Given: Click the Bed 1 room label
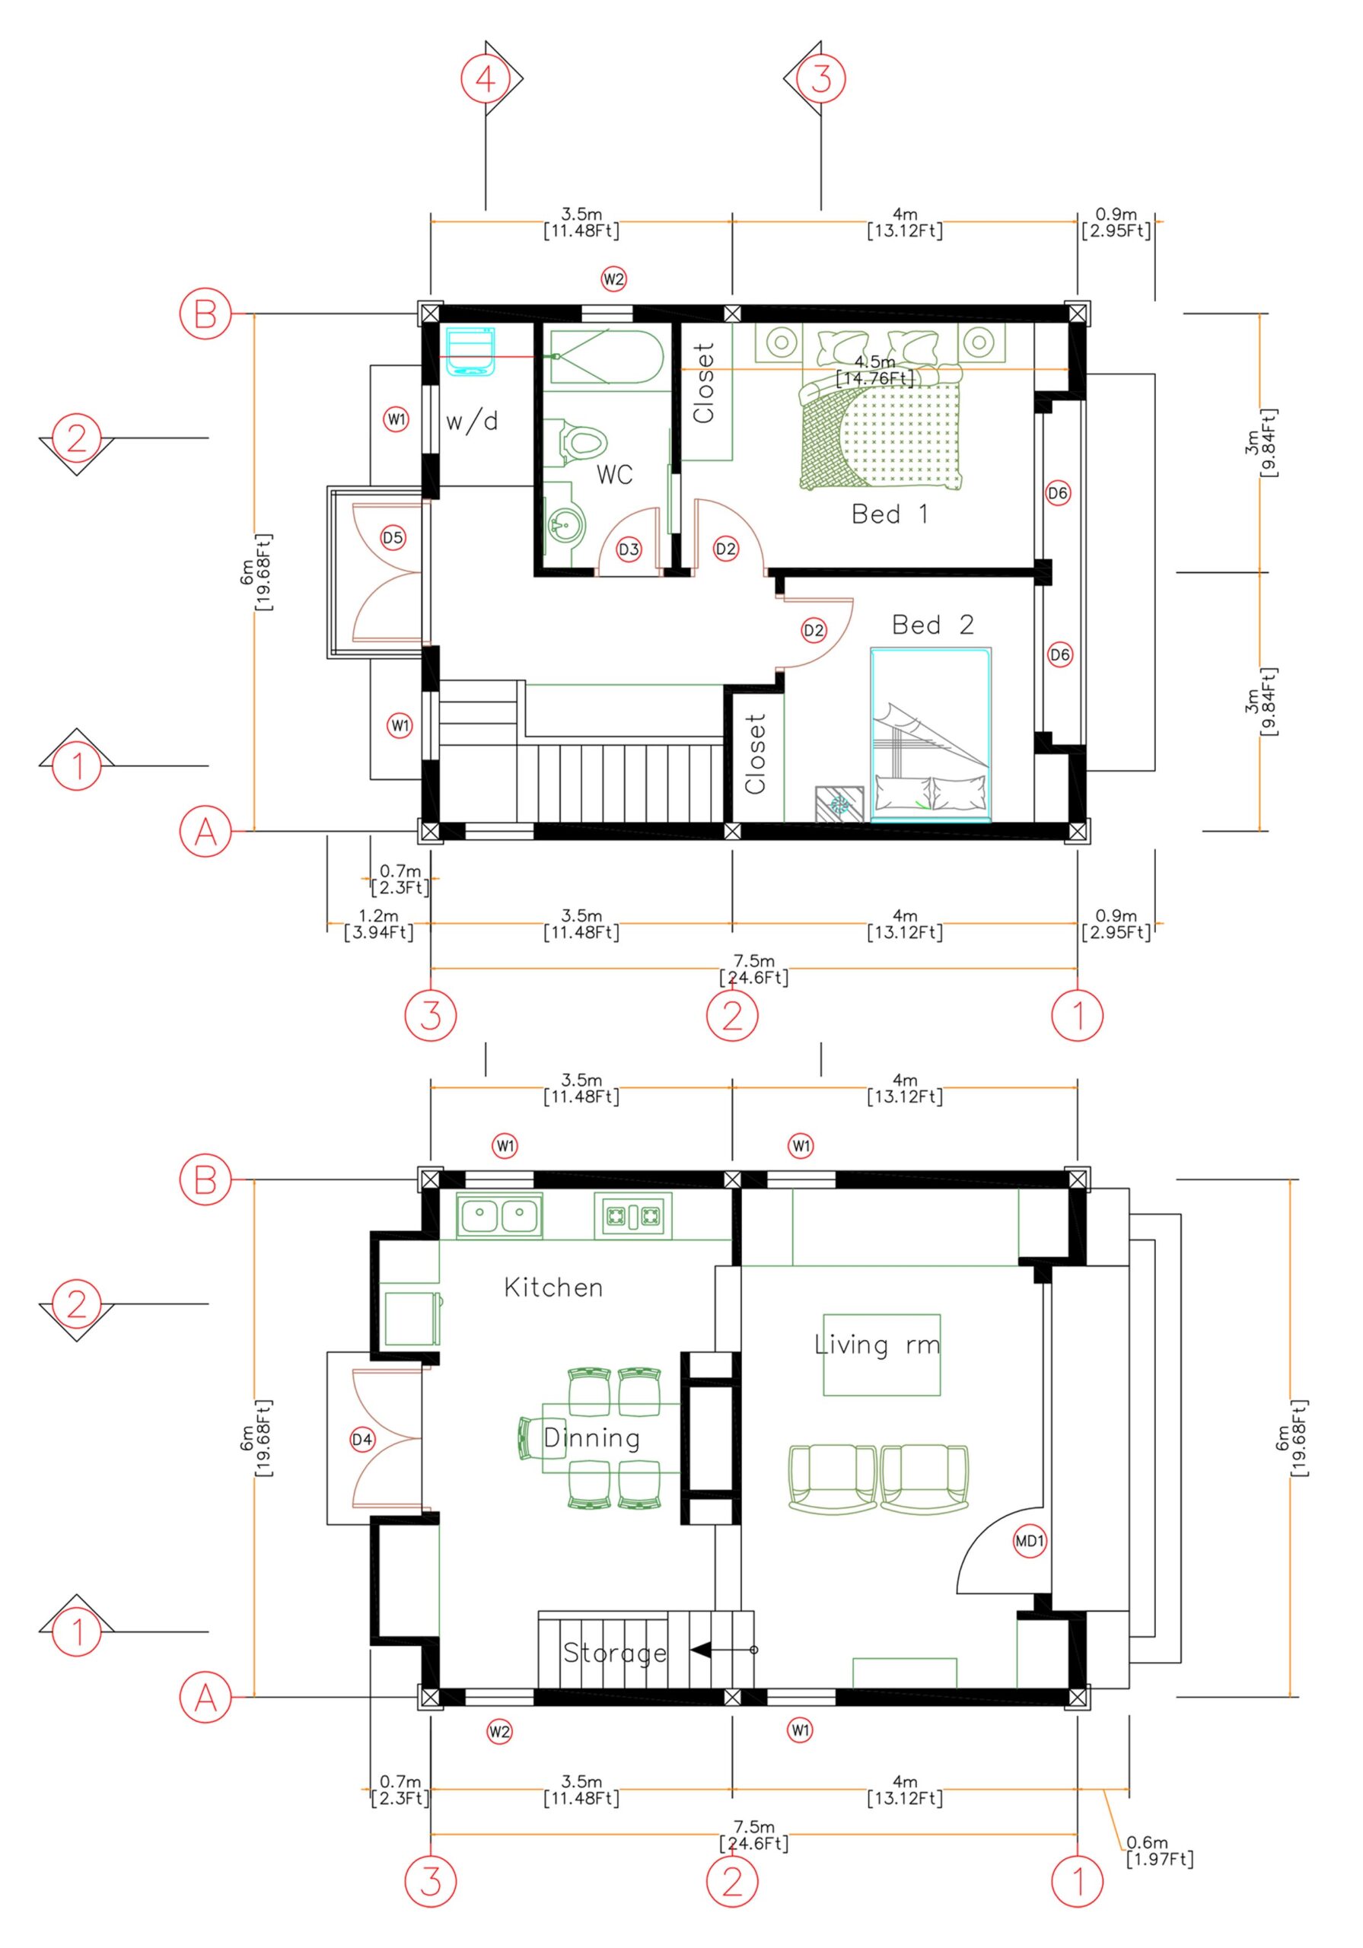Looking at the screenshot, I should tap(889, 514).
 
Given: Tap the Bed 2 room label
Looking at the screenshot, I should tap(931, 625).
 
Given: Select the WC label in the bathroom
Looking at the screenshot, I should tap(613, 474).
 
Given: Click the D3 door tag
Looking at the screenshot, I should tap(628, 550).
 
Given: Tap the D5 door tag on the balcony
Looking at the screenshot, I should tap(392, 537).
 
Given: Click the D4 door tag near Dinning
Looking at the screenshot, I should tap(361, 1440).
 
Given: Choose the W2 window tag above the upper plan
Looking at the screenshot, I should tap(613, 279).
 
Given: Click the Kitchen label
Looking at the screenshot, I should tap(553, 1288).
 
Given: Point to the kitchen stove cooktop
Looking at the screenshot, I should tap(632, 1217).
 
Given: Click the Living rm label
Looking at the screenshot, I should tap(877, 1345).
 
